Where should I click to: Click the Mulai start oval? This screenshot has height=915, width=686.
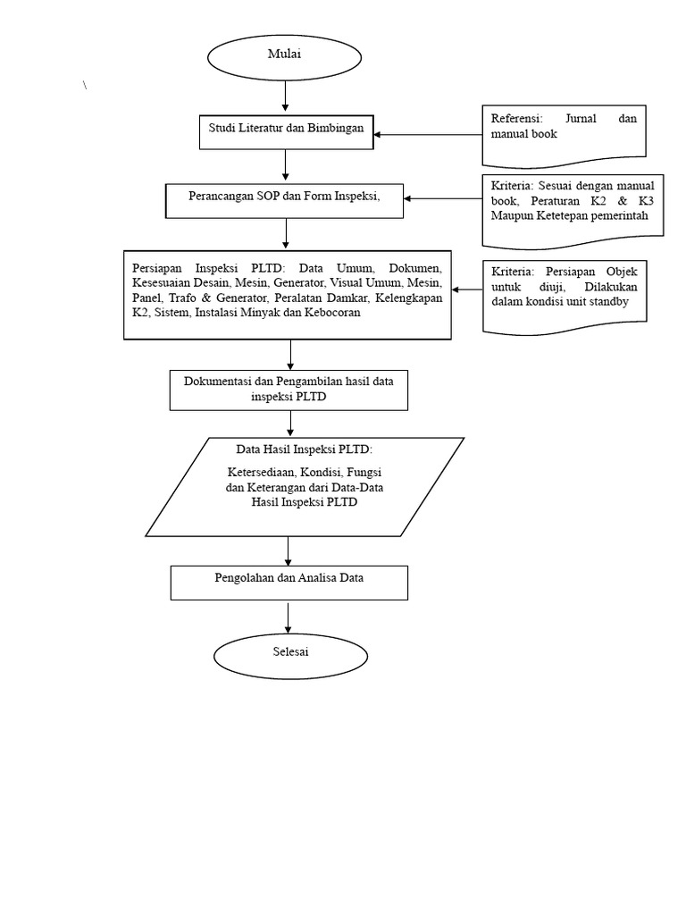(284, 55)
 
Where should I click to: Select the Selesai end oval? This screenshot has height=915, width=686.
(289, 653)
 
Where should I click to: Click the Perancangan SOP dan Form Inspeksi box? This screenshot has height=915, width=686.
(284, 199)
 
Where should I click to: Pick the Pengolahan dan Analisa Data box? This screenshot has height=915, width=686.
(289, 582)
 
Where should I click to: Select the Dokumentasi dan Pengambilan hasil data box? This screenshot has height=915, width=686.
(289, 390)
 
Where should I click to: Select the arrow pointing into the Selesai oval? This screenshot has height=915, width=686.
(289, 617)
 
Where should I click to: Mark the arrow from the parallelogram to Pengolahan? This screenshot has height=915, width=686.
(289, 550)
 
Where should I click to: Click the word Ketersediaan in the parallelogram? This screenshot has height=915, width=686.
(260, 471)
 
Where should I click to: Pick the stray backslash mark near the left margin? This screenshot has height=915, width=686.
(86, 85)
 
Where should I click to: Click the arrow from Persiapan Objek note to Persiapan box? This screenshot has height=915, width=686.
(466, 290)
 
